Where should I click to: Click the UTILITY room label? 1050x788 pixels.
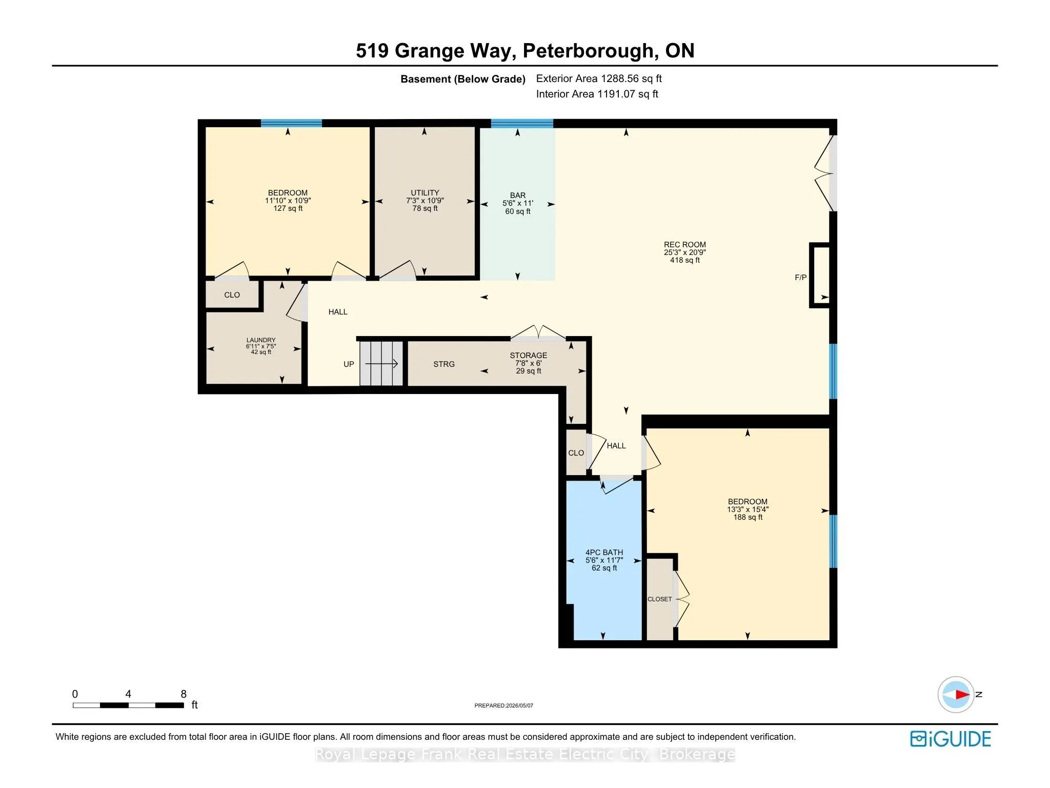pos(425,193)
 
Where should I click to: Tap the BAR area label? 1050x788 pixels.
pos(518,195)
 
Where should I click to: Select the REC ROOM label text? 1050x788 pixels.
pos(685,245)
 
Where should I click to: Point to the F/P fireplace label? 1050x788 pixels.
pos(800,278)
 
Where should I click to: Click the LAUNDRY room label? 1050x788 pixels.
pos(261,340)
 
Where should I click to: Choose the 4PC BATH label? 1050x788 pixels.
pos(604,553)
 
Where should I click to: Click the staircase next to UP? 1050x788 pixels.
pos(381,363)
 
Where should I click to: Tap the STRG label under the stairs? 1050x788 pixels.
pos(444,364)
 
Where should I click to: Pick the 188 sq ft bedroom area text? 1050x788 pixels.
pos(748,517)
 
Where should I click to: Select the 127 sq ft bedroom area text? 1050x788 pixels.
pos(288,208)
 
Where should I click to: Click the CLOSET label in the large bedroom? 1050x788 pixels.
pos(659,599)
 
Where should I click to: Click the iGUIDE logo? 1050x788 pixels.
pos(951,739)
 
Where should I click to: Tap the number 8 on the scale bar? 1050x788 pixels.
pos(184,694)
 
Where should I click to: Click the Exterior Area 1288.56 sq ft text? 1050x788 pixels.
pos(599,78)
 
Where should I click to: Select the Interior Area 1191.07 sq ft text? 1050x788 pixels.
pos(597,94)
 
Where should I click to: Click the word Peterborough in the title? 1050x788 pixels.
pos(588,51)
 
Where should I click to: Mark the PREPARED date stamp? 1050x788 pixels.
pos(504,705)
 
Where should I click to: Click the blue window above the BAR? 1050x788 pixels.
pos(522,123)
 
